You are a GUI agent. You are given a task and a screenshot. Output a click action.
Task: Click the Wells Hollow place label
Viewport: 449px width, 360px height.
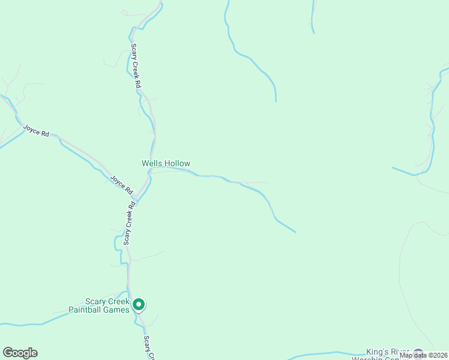click(x=166, y=163)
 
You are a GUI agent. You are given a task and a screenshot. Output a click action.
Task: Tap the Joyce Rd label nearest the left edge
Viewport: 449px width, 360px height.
click(x=36, y=130)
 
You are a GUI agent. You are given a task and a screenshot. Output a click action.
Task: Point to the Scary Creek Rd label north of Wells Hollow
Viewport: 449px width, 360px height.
click(x=136, y=67)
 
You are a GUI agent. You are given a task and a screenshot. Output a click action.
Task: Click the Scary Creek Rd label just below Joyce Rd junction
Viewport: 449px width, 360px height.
click(x=128, y=223)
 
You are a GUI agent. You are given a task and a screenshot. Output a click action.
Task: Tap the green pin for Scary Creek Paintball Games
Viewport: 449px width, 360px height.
click(x=139, y=305)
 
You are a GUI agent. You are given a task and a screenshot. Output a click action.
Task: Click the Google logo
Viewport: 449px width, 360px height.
click(x=20, y=353)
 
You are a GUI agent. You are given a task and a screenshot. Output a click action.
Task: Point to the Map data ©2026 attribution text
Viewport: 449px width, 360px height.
click(x=424, y=355)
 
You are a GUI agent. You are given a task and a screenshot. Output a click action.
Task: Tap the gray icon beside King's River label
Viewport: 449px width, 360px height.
click(x=418, y=353)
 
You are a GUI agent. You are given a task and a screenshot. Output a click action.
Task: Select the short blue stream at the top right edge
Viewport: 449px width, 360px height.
click(x=313, y=17)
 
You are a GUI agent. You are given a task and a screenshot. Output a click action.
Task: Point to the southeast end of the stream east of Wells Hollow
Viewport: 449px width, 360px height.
click(x=295, y=232)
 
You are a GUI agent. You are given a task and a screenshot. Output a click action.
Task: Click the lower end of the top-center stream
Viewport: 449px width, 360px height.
click(x=276, y=100)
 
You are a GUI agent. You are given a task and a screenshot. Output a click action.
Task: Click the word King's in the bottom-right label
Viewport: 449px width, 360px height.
click(x=378, y=351)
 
